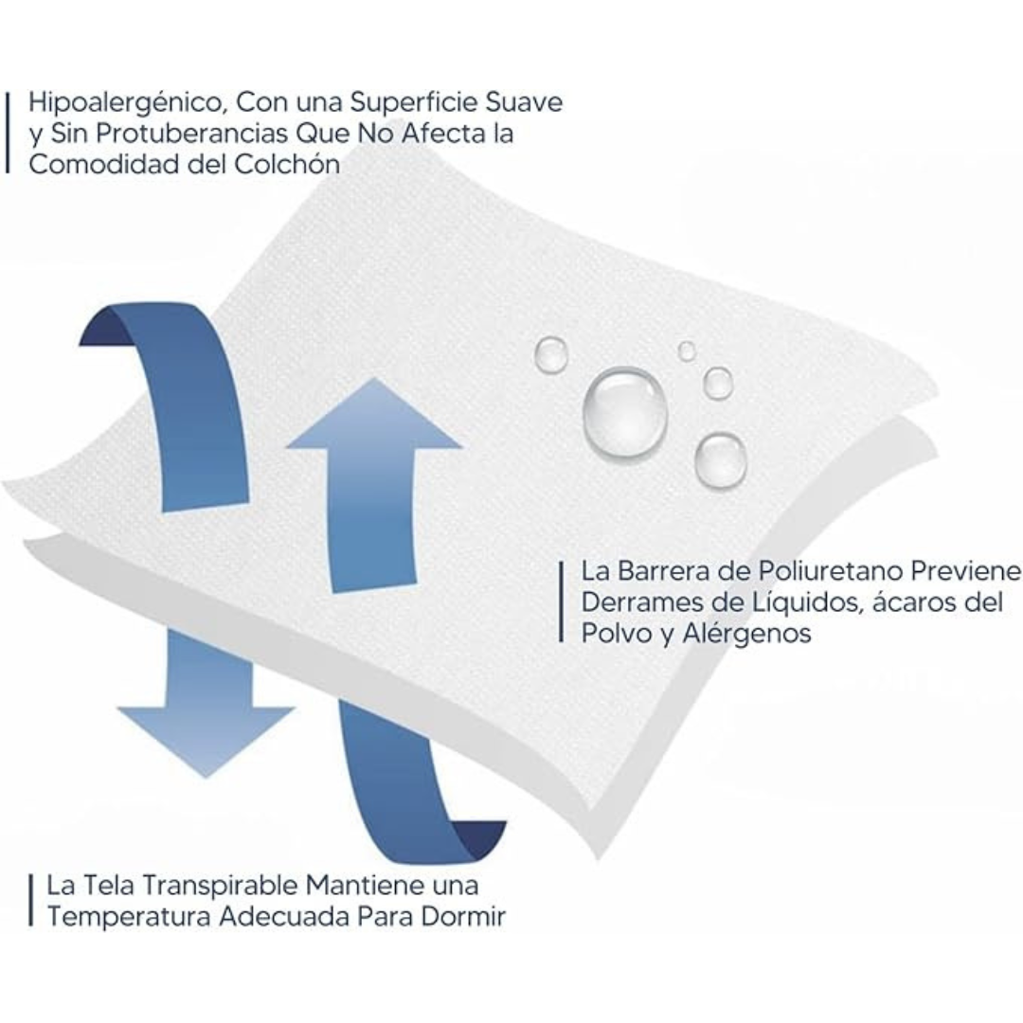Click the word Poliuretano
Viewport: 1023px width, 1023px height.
(x=830, y=571)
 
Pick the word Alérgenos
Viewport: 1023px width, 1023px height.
(x=747, y=634)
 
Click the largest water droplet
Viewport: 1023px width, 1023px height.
(x=624, y=411)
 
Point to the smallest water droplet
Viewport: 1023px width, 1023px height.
(x=687, y=351)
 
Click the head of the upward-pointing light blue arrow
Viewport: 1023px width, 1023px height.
(x=374, y=418)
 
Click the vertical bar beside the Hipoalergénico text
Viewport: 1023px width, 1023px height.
(x=8, y=133)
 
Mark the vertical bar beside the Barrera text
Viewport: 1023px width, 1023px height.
(x=561, y=602)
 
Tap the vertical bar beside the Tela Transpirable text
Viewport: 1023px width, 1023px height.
(x=30, y=901)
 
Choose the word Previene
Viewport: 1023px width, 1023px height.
(x=965, y=571)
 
